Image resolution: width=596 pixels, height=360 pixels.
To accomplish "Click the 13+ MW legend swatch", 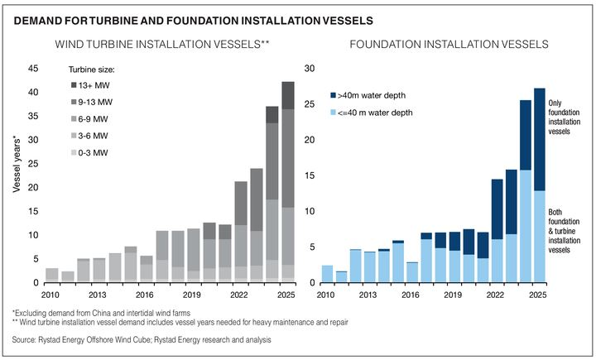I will (x=76, y=85).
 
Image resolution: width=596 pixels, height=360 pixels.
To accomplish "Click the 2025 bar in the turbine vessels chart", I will (x=288, y=182).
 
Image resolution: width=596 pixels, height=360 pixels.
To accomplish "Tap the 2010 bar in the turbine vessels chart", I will (x=52, y=276).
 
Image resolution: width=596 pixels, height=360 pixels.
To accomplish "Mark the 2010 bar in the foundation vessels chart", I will (x=327, y=274).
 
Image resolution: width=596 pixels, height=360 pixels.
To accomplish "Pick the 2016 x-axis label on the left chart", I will (x=146, y=295).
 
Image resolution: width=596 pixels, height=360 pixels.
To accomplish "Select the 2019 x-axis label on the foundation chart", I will (x=453, y=295).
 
